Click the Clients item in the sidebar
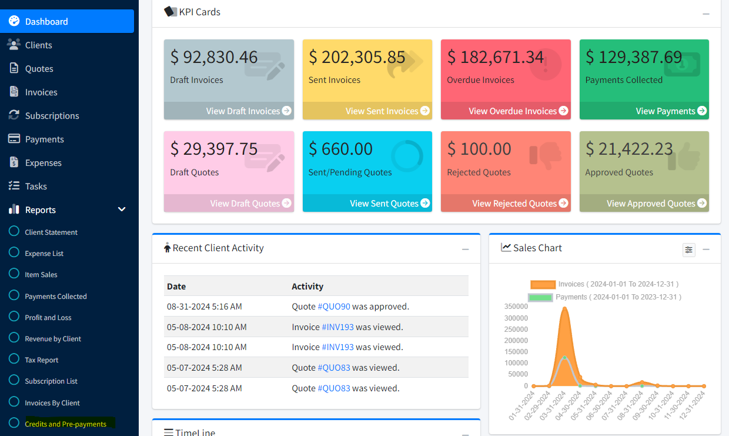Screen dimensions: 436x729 coord(38,45)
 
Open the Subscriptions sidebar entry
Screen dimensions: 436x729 coord(52,116)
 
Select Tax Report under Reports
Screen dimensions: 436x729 coord(41,360)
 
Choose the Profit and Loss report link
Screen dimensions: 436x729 coord(48,318)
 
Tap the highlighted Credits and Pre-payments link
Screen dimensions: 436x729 coord(65,424)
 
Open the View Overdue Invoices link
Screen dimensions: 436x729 coord(517,111)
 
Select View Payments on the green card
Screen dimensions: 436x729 coord(671,111)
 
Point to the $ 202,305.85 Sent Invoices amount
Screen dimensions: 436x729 coord(357,57)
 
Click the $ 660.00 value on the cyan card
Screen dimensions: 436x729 coord(340,149)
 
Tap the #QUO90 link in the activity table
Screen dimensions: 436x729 coord(334,307)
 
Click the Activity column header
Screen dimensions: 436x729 coord(307,287)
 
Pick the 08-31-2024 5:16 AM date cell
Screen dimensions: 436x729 coord(204,307)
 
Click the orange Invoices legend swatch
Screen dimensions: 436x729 coord(542,284)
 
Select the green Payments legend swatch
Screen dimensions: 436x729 coord(540,297)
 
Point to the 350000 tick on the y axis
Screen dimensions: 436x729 coord(516,307)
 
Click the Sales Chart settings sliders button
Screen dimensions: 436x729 coord(688,249)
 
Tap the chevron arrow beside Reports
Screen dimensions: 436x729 coord(122,209)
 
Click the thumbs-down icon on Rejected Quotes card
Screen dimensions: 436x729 coord(541,155)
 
